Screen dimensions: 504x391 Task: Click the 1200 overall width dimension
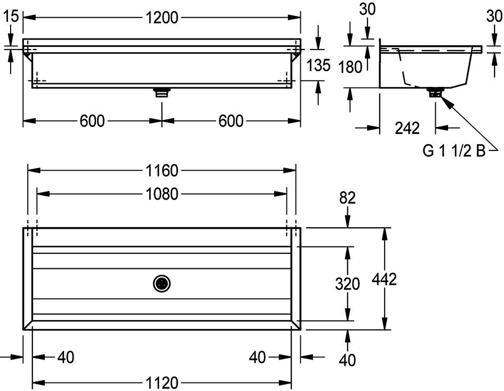(x=162, y=18)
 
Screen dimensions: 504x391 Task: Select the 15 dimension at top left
(x=10, y=16)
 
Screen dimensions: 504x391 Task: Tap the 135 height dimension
(x=318, y=65)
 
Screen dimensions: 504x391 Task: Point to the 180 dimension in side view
(x=350, y=67)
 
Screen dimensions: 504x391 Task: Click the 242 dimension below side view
(x=407, y=128)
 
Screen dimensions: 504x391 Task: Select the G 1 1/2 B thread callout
(x=454, y=151)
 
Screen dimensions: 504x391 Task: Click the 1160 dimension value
(x=162, y=170)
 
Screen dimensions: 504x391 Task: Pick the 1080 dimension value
(x=162, y=194)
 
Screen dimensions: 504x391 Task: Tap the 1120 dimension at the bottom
(x=162, y=383)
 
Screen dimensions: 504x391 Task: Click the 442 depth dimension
(x=385, y=279)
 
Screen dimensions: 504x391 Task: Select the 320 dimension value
(x=347, y=284)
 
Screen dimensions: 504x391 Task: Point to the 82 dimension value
(x=347, y=198)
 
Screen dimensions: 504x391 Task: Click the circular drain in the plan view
(x=162, y=284)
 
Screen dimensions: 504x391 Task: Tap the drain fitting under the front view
(x=162, y=92)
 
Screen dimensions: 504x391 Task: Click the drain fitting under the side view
(x=435, y=92)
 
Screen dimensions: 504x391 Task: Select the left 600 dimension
(x=92, y=121)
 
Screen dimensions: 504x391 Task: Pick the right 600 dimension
(x=231, y=121)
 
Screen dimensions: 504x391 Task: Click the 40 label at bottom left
(x=66, y=357)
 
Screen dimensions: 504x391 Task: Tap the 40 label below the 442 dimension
(x=347, y=360)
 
